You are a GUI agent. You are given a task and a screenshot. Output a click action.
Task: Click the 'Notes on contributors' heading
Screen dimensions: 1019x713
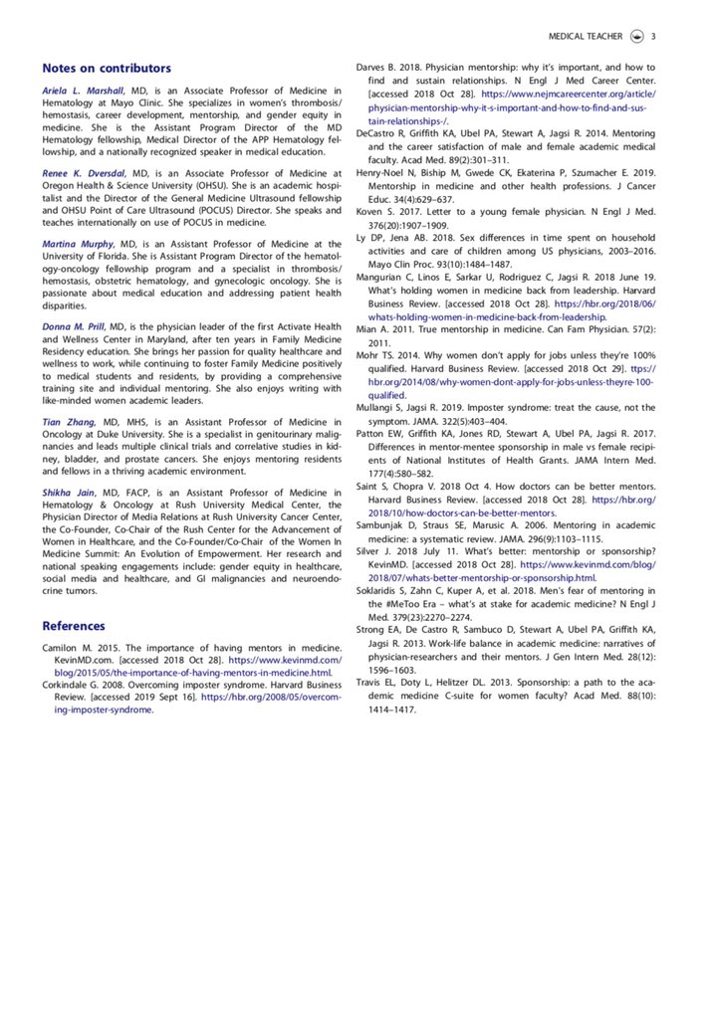click(107, 68)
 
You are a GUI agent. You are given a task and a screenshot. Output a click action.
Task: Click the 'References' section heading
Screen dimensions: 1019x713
click(73, 626)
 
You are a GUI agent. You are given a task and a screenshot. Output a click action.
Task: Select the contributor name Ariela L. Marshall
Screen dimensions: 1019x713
click(84, 92)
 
